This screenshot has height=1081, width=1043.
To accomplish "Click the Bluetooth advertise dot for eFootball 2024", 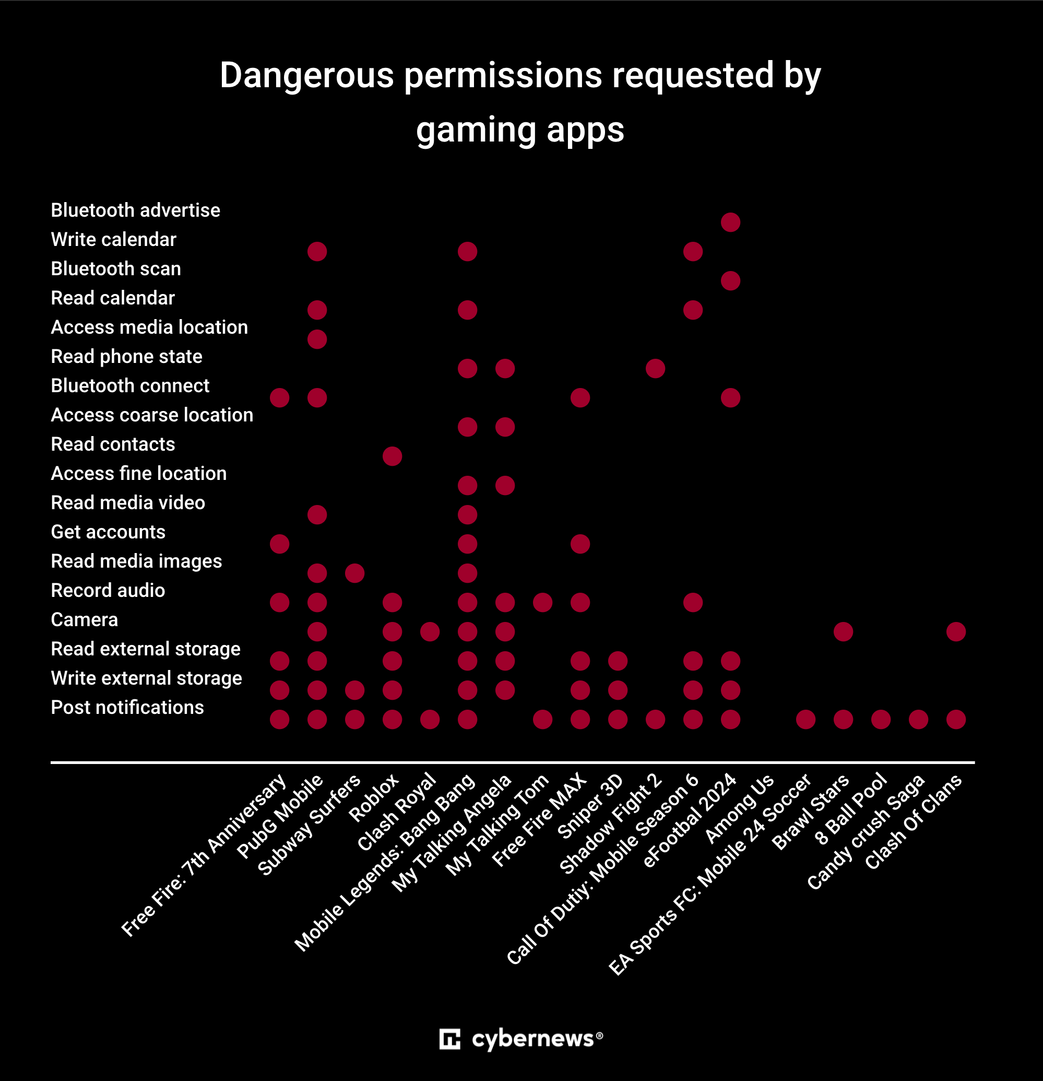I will [x=730, y=222].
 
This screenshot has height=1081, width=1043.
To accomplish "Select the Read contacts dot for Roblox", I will [x=392, y=456].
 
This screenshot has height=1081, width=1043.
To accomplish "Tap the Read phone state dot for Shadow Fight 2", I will [x=655, y=368].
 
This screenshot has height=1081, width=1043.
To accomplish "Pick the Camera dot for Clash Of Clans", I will [x=956, y=631].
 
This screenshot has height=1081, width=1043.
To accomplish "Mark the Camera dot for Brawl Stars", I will [x=843, y=631].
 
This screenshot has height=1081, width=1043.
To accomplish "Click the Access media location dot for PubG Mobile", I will [x=317, y=339].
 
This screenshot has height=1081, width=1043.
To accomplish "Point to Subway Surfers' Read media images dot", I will [x=354, y=573].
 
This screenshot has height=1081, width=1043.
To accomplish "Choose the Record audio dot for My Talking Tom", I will [x=542, y=602].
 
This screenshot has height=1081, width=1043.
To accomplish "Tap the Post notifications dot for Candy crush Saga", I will [x=918, y=719].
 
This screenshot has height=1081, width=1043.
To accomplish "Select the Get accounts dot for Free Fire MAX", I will [x=580, y=544].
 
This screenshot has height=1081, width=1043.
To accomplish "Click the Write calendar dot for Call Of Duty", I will [x=693, y=252].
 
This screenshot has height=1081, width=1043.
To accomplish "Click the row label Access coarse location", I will [x=151, y=415].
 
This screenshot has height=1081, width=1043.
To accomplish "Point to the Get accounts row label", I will [x=108, y=532].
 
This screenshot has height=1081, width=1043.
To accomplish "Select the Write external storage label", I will [x=146, y=678].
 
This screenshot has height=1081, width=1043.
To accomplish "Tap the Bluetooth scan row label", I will [x=116, y=268].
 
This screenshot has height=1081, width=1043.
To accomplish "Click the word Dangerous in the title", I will [x=306, y=75].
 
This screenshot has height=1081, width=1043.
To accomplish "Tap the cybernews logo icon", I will [x=449, y=1039].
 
